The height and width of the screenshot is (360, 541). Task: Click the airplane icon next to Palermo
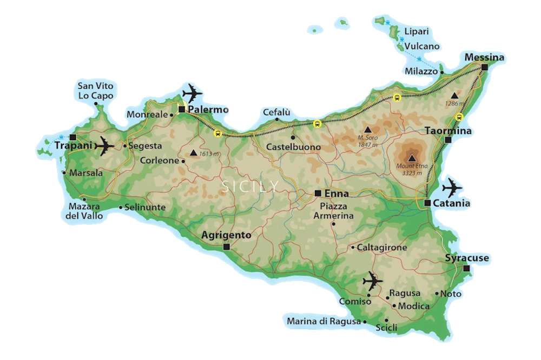(x=192, y=92)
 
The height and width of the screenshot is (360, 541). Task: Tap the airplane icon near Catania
(x=452, y=188)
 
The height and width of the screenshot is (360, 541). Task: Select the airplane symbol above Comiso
(x=372, y=281)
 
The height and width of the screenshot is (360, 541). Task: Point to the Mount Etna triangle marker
(x=412, y=157)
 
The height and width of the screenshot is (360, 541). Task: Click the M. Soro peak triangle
(x=368, y=130)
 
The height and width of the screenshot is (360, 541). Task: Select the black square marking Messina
(x=484, y=68)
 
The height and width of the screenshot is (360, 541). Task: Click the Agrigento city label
(x=226, y=235)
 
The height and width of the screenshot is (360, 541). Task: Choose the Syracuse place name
(x=467, y=258)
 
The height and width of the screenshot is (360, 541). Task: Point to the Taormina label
(x=448, y=131)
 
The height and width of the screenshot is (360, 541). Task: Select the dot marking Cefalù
(x=276, y=119)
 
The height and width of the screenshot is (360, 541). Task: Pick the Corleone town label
(x=159, y=161)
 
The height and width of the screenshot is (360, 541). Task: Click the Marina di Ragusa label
(x=324, y=322)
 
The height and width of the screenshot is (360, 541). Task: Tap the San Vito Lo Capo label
(x=96, y=91)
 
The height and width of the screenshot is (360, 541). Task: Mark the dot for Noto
(x=437, y=294)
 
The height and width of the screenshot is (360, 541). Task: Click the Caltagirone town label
(x=382, y=247)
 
